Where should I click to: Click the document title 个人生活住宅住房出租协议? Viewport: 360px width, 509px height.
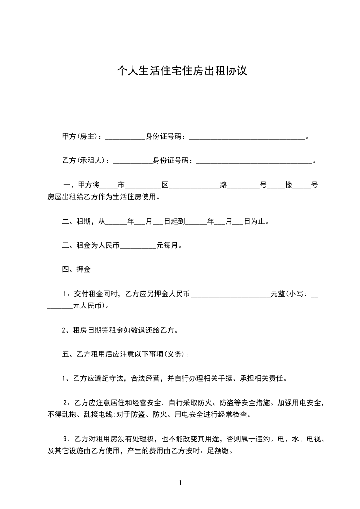(x=182, y=71)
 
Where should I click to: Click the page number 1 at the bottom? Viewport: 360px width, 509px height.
(x=180, y=483)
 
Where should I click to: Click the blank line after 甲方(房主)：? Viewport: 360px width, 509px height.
(x=125, y=137)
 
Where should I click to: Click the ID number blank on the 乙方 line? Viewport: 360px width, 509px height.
(x=254, y=161)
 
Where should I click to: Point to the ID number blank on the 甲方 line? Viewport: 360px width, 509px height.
(x=247, y=137)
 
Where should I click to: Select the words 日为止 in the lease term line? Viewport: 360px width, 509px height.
(x=256, y=222)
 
